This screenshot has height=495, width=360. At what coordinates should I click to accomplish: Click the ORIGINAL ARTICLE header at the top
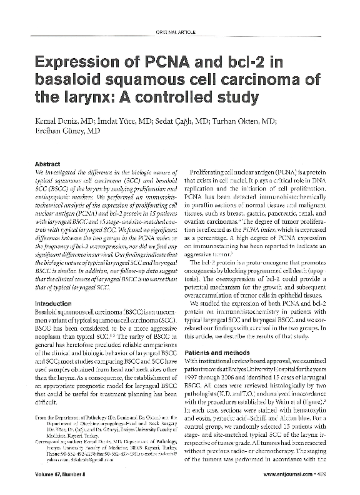point(180,32)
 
